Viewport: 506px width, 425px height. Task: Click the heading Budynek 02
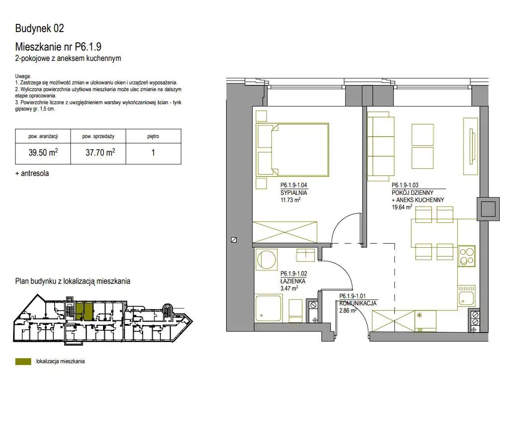[x=39, y=28]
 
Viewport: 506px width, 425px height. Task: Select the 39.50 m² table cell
[x=43, y=153]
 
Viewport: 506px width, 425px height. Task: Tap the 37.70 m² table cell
[x=98, y=153]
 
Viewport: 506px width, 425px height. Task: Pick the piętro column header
[x=153, y=136]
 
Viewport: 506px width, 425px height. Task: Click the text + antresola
[x=32, y=173]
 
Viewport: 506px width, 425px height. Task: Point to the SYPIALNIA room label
[x=294, y=193]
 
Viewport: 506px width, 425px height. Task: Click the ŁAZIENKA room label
[x=293, y=281]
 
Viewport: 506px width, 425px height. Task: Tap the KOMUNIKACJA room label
[x=358, y=303]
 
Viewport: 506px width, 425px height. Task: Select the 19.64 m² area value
[x=402, y=207]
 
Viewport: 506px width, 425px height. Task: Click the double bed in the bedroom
[x=292, y=150]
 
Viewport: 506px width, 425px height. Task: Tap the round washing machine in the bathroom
[x=266, y=259]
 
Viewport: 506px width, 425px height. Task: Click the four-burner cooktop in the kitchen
[x=466, y=256]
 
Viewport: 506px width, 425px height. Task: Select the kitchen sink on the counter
[x=466, y=296]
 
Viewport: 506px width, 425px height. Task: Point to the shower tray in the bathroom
[x=268, y=308]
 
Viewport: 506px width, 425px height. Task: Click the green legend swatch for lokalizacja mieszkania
[x=23, y=361]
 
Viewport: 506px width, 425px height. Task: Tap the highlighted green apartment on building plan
[x=84, y=311]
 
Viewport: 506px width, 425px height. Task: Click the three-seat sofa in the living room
[x=381, y=147]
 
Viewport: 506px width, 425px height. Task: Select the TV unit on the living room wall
[x=470, y=146]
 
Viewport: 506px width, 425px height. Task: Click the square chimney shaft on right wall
[x=488, y=209]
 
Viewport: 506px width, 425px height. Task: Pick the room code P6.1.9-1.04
[x=294, y=185]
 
